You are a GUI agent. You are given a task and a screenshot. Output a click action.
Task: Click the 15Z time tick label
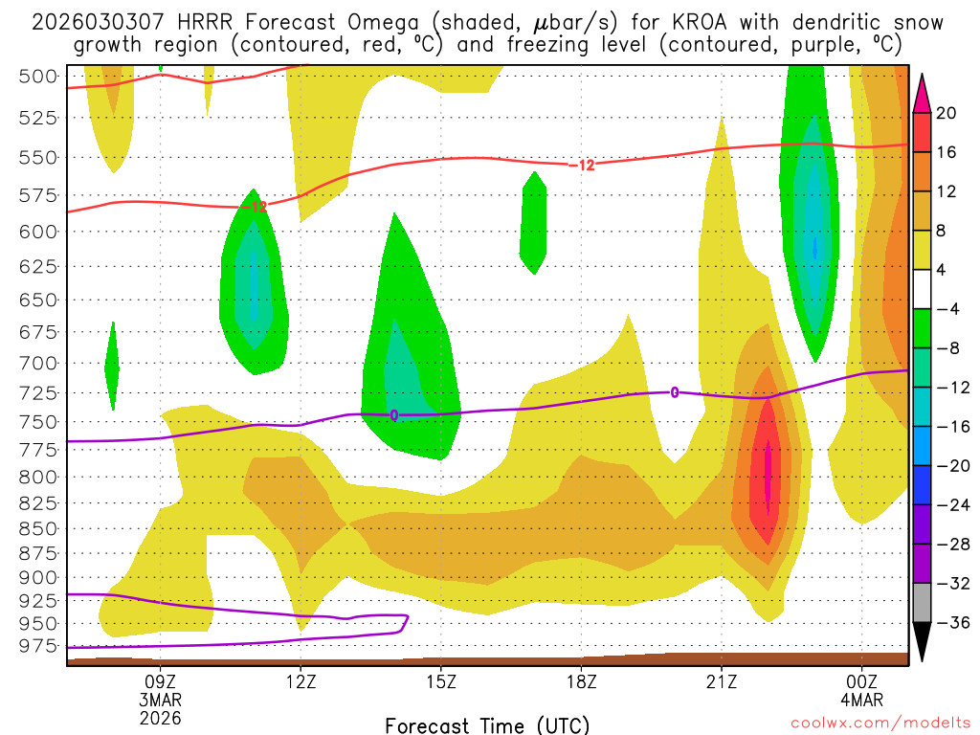[440, 682]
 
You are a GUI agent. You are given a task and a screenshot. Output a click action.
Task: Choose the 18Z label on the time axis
[581, 682]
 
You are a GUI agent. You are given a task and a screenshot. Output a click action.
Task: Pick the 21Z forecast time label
[722, 682]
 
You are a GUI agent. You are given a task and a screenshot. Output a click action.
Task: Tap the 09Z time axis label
[160, 682]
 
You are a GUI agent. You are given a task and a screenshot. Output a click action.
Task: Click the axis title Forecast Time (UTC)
[487, 724]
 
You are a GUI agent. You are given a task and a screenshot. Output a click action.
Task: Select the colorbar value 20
[947, 113]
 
